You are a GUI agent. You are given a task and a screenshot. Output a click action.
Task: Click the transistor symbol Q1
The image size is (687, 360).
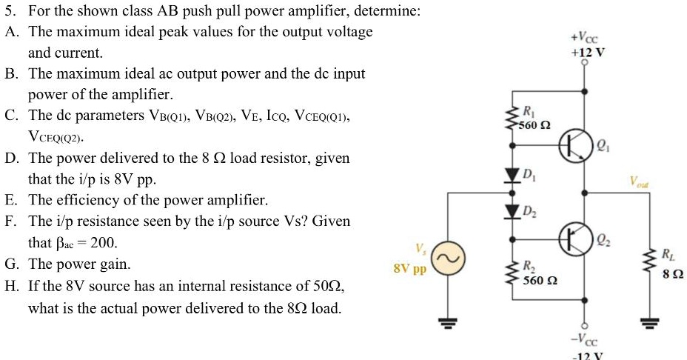(x=572, y=147)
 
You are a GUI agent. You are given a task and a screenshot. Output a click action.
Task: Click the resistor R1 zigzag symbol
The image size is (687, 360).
(x=511, y=118)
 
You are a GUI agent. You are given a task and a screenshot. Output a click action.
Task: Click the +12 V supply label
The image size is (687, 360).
(x=586, y=53)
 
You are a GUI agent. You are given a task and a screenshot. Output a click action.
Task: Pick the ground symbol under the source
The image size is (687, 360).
(x=449, y=321)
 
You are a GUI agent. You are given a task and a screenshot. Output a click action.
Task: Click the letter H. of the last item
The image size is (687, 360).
(x=12, y=286)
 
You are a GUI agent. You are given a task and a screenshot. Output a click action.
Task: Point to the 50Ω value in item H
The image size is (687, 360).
(x=328, y=286)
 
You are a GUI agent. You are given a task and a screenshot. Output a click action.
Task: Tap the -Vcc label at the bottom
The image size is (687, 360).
(x=586, y=341)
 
